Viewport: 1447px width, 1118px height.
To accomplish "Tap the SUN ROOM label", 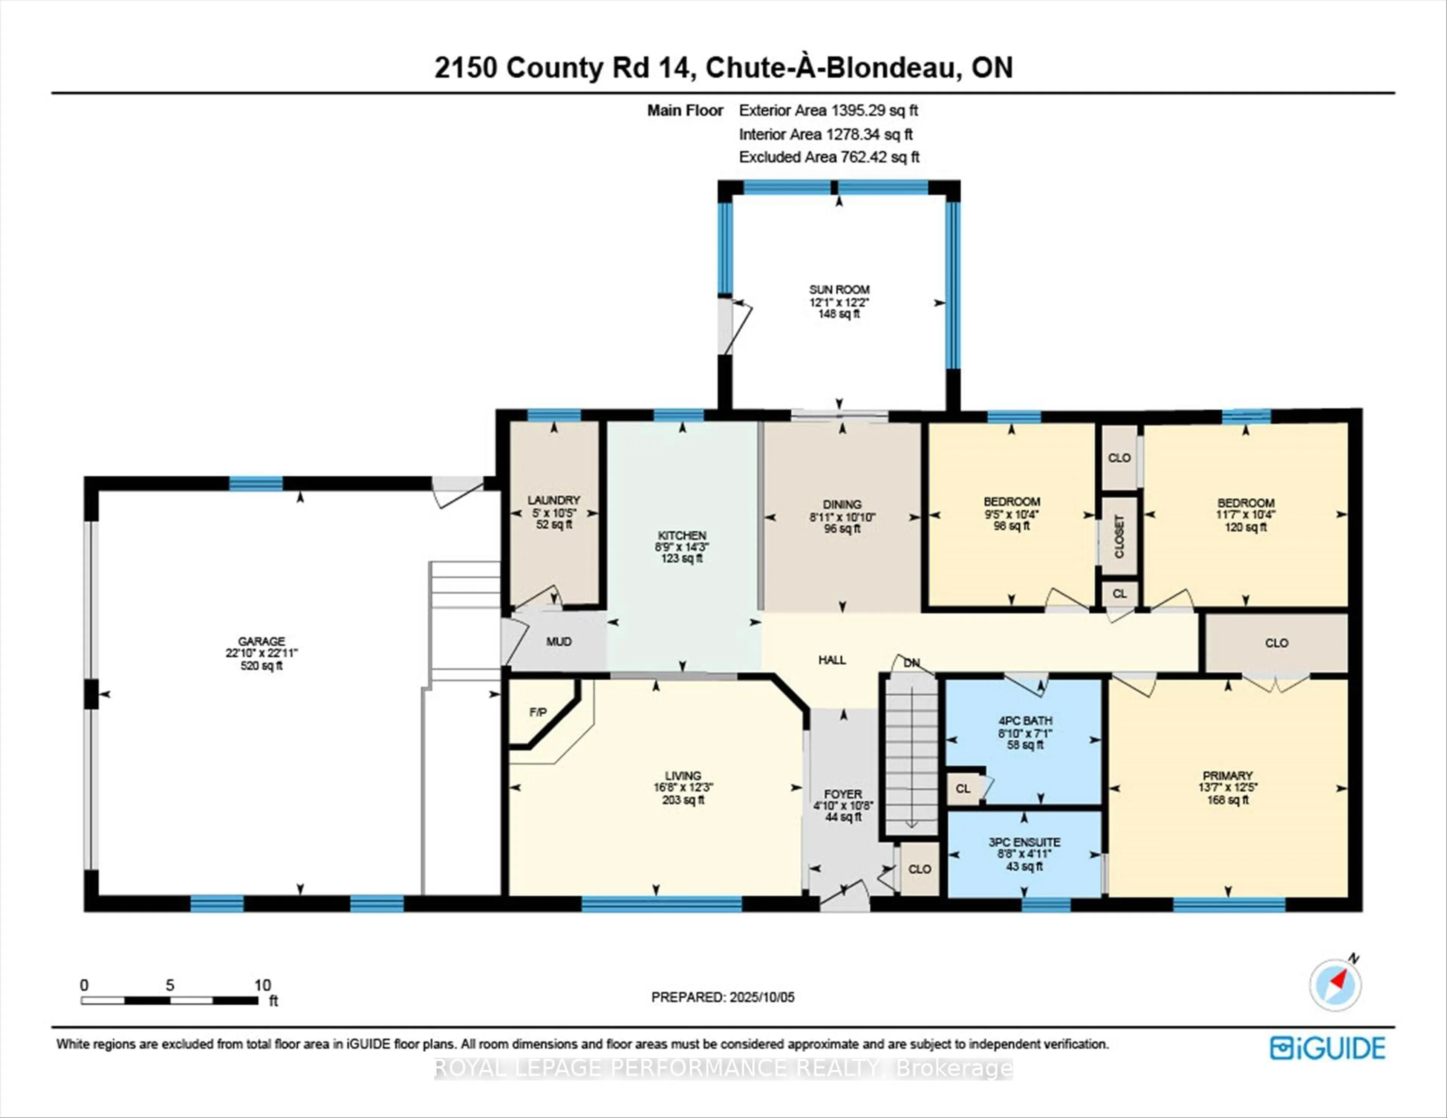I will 839,289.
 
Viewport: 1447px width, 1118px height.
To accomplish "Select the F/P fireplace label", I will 538,712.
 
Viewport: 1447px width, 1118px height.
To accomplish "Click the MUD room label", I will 558,642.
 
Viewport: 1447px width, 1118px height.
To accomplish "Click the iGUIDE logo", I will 1328,1048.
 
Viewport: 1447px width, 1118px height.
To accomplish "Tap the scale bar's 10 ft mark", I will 262,985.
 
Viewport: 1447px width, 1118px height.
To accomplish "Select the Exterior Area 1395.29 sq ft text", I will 828,111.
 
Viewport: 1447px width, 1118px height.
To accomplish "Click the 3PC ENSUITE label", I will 1024,842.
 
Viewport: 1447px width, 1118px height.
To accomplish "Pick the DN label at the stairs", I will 912,663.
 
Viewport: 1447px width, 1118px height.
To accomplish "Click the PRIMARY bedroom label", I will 1228,775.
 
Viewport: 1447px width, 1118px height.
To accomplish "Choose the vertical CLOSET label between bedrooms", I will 1119,536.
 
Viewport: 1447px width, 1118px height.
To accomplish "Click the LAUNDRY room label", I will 554,500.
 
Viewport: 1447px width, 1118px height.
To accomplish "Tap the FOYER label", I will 843,794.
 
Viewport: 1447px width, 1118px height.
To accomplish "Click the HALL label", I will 832,659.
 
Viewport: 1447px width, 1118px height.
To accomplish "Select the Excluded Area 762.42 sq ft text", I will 829,157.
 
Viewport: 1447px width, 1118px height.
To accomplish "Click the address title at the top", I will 723,67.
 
